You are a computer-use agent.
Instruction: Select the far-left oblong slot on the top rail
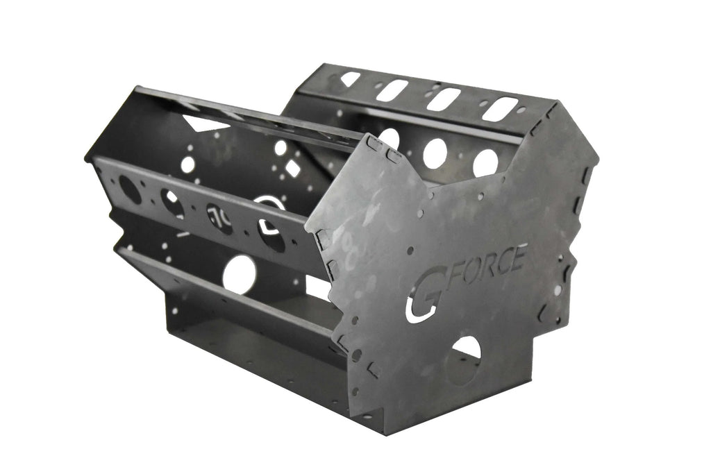(x=351, y=79)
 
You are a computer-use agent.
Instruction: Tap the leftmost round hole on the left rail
(x=129, y=189)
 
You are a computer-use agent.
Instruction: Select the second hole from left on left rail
(x=173, y=203)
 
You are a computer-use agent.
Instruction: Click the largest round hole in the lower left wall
(x=239, y=274)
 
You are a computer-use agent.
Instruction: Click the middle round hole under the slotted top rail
(x=435, y=152)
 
